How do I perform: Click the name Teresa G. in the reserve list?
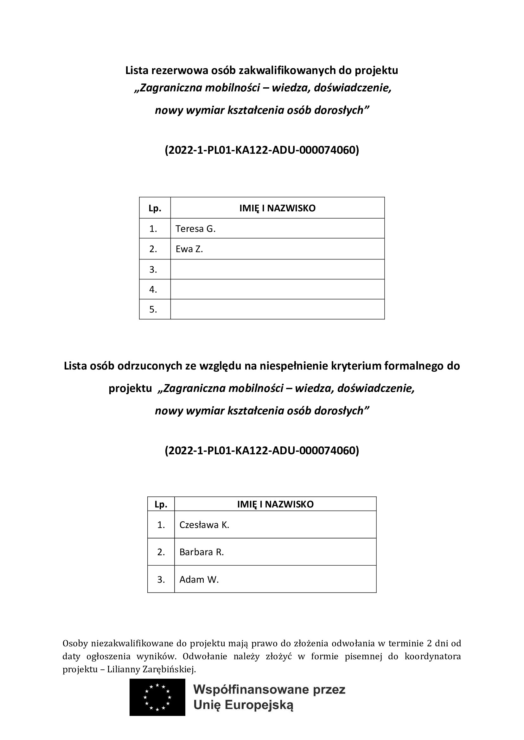point(195,229)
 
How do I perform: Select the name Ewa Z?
point(189,249)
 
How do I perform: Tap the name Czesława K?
point(204,525)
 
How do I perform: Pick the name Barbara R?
point(201,552)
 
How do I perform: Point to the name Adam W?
point(199,580)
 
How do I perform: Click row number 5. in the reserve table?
point(153,309)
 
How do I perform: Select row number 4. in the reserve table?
point(153,289)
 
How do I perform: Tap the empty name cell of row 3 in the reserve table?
point(277,269)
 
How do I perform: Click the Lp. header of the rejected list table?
point(161,504)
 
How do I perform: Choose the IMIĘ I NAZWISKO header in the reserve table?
point(277,208)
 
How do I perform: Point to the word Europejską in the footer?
point(259,705)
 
